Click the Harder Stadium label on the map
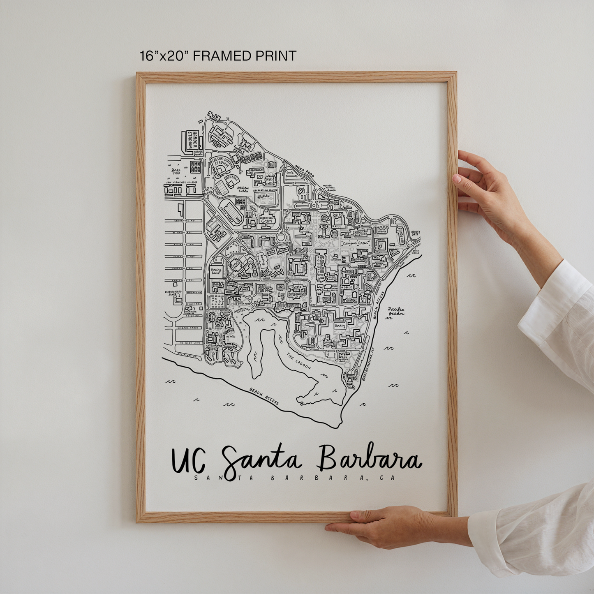click(190, 140)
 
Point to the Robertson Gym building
click(266, 220)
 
